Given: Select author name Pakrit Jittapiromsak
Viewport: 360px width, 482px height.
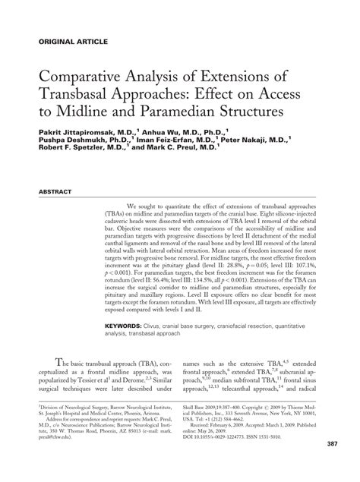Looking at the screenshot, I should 86,131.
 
